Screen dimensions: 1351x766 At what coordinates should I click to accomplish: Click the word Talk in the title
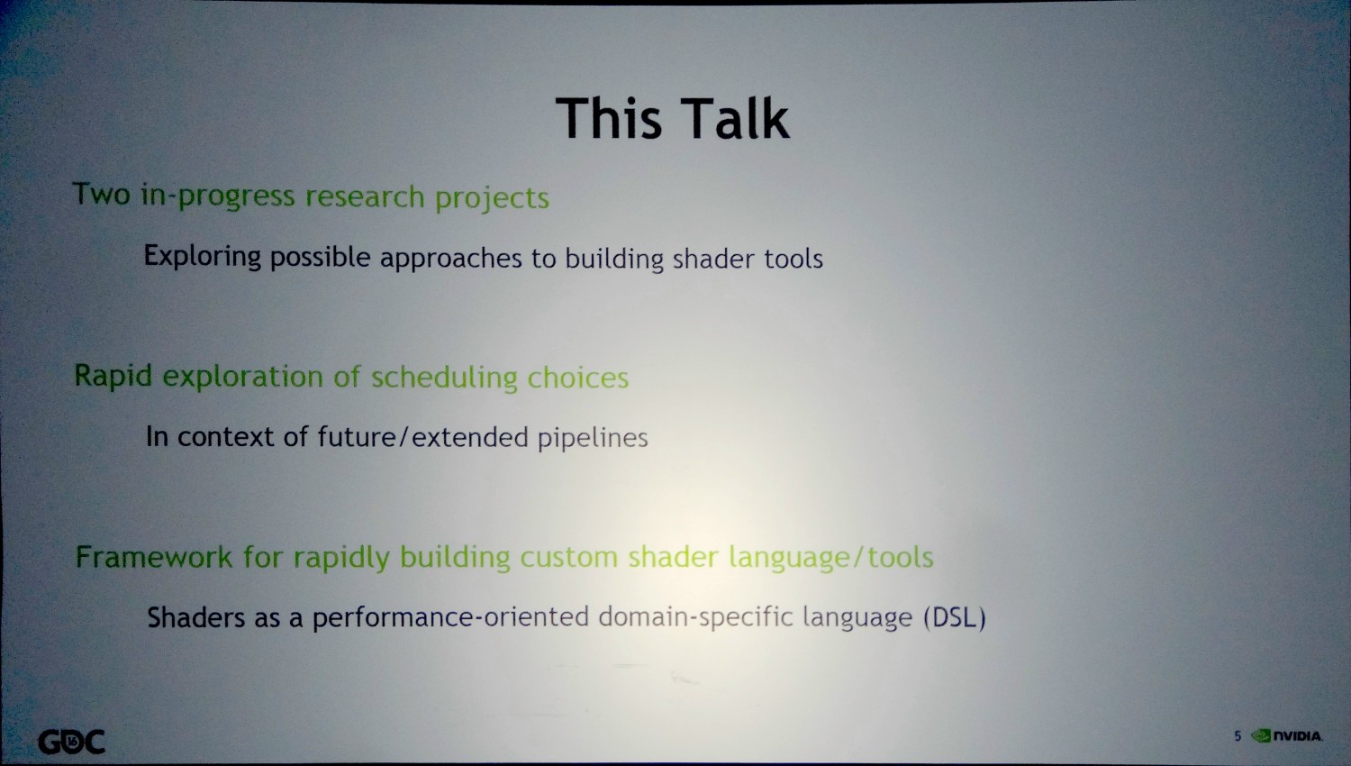[736, 118]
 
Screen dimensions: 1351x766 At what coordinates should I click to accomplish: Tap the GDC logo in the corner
[72, 742]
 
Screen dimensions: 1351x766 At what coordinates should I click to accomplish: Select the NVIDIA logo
[1287, 736]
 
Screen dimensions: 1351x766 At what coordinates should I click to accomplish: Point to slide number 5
[1238, 736]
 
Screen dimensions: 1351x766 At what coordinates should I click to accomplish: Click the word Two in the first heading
[101, 195]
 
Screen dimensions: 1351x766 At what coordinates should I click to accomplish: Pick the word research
[365, 196]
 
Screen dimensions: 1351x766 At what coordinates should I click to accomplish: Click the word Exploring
[203, 257]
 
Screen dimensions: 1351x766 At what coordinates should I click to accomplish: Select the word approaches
[450, 259]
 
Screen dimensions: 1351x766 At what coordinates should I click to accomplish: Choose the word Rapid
[113, 376]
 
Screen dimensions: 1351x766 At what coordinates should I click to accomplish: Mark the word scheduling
[445, 378]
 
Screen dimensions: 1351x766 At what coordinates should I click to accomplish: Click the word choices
[578, 378]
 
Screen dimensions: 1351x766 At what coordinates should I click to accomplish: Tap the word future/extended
[423, 436]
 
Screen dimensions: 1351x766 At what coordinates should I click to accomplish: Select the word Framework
[154, 557]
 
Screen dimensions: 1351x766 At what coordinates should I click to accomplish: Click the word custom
[568, 557]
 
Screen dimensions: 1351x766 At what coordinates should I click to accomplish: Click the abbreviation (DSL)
[955, 617]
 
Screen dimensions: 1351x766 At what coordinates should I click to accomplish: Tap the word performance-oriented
[450, 617]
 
